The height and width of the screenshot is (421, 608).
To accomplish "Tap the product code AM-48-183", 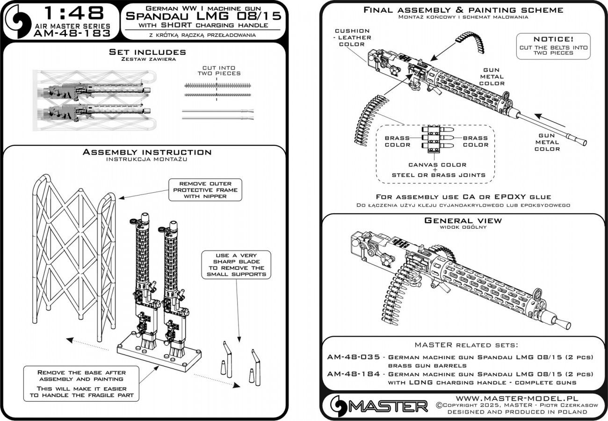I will [x=72, y=33].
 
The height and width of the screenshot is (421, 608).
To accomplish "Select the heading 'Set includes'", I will [x=147, y=51].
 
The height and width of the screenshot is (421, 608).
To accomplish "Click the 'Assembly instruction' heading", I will [x=147, y=152].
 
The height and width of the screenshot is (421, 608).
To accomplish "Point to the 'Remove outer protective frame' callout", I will [x=205, y=190].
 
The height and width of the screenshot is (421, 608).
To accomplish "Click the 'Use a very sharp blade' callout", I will [x=236, y=265].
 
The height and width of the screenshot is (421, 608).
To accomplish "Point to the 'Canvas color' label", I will [x=438, y=165].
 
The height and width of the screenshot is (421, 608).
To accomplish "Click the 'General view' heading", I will [x=463, y=220].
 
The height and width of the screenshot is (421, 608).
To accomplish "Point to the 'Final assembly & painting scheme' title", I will [x=463, y=10].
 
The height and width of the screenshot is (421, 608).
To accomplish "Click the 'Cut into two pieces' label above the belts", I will [x=218, y=70].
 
